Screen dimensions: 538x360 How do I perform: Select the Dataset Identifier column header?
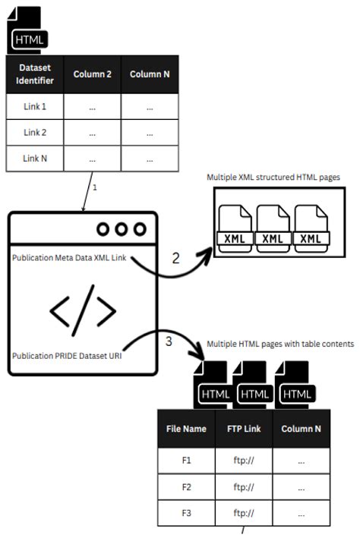tap(35, 74)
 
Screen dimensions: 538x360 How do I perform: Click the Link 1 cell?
tap(35, 107)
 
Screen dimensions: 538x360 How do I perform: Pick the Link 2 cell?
tap(35, 133)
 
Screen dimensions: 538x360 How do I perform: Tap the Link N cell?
tap(35, 159)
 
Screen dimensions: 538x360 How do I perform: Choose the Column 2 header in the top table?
tap(93, 74)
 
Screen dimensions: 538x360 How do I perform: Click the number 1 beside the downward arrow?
tap(94, 187)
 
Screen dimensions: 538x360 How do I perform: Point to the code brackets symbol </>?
tap(83, 310)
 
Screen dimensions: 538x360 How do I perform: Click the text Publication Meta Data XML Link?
tap(70, 257)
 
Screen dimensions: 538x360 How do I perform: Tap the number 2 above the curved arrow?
tap(175, 258)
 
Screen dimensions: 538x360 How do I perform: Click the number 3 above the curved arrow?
tap(169, 341)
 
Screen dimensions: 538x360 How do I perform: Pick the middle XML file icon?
tap(272, 228)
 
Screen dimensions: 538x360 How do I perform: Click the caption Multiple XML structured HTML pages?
tap(273, 177)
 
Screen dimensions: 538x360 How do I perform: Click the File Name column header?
tap(186, 429)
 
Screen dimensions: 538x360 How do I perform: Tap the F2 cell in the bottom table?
tap(186, 486)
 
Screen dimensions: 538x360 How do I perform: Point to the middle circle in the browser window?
tap(121, 228)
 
